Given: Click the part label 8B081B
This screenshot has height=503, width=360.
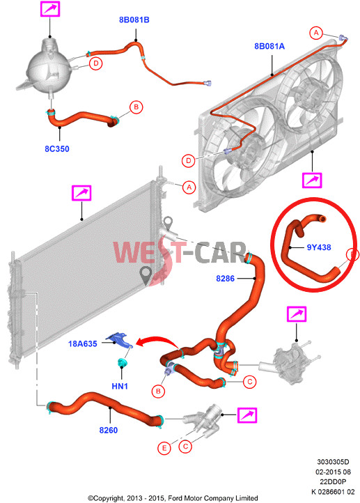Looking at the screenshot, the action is pyautogui.click(x=134, y=20).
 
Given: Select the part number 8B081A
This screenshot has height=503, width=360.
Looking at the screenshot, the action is pyautogui.click(x=269, y=46).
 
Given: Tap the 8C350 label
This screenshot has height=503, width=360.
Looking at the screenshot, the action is pyautogui.click(x=56, y=149).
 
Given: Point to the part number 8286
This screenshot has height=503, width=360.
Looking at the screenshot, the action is pyautogui.click(x=225, y=279).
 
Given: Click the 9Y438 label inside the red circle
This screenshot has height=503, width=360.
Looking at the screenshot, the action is pyautogui.click(x=319, y=247).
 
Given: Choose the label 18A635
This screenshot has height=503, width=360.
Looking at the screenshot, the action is pyautogui.click(x=82, y=344).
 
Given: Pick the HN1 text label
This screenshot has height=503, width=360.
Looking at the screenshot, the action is pyautogui.click(x=120, y=386).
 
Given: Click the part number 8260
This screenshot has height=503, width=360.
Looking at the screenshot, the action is pyautogui.click(x=109, y=430).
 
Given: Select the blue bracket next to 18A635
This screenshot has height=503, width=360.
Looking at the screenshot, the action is pyautogui.click(x=119, y=340).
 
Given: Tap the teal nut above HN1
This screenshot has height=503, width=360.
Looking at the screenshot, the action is pyautogui.click(x=122, y=362).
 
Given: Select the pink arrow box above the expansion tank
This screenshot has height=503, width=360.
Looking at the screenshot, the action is pyautogui.click(x=50, y=8).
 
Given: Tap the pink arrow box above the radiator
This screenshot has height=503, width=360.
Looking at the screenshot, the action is pyautogui.click(x=81, y=193).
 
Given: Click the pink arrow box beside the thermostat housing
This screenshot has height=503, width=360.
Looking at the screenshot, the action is pyautogui.click(x=246, y=415).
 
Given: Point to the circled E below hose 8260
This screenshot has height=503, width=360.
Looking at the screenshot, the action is pyautogui.click(x=164, y=448).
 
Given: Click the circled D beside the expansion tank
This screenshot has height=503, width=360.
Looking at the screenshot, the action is pyautogui.click(x=95, y=63).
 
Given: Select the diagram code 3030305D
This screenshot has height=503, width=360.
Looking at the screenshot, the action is pyautogui.click(x=333, y=462).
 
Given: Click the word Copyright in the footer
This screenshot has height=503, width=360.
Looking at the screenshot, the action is pyautogui.click(x=108, y=498).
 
